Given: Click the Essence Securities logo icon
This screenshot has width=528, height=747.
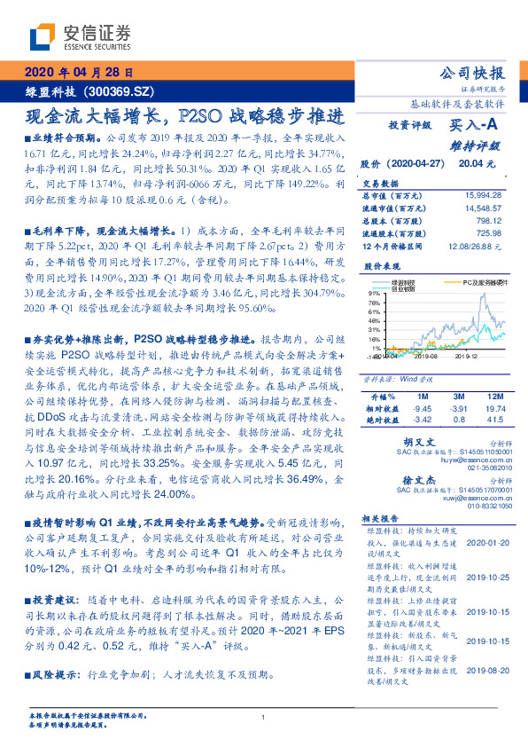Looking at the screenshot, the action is pyautogui.click(x=44, y=36).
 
